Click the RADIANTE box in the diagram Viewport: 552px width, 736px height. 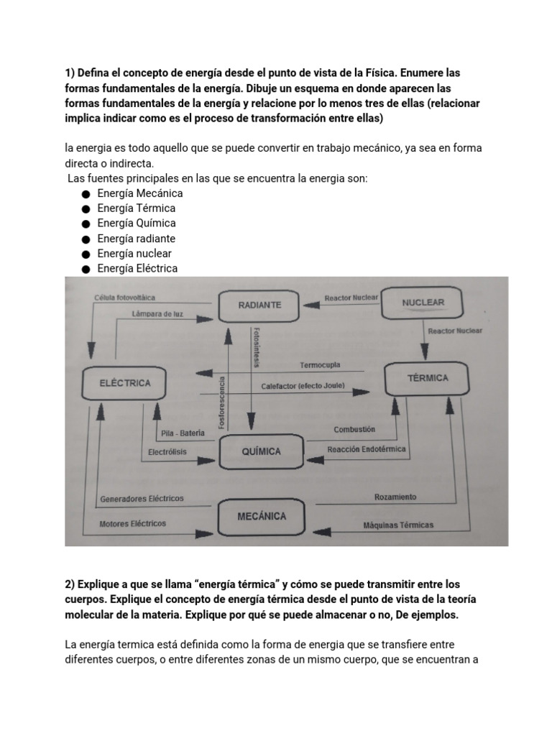click(259, 305)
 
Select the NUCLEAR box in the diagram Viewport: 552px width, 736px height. click(423, 303)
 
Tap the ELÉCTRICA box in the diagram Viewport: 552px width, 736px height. click(125, 383)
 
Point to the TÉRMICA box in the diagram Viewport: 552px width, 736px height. click(428, 378)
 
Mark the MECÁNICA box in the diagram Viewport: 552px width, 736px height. click(262, 516)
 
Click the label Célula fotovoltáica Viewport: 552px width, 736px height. click(124, 297)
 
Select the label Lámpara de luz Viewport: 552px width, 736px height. click(157, 314)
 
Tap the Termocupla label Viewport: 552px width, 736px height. click(320, 364)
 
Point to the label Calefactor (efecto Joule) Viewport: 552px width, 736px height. click(303, 386)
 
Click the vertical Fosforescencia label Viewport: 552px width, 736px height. click(222, 402)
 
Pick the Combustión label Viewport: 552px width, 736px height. click(354, 429)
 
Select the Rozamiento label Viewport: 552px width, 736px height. click(395, 497)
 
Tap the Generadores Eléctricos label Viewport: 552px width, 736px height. click(142, 498)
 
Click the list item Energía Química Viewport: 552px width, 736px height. click(136, 224)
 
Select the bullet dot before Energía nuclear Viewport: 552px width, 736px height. click(85, 254)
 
